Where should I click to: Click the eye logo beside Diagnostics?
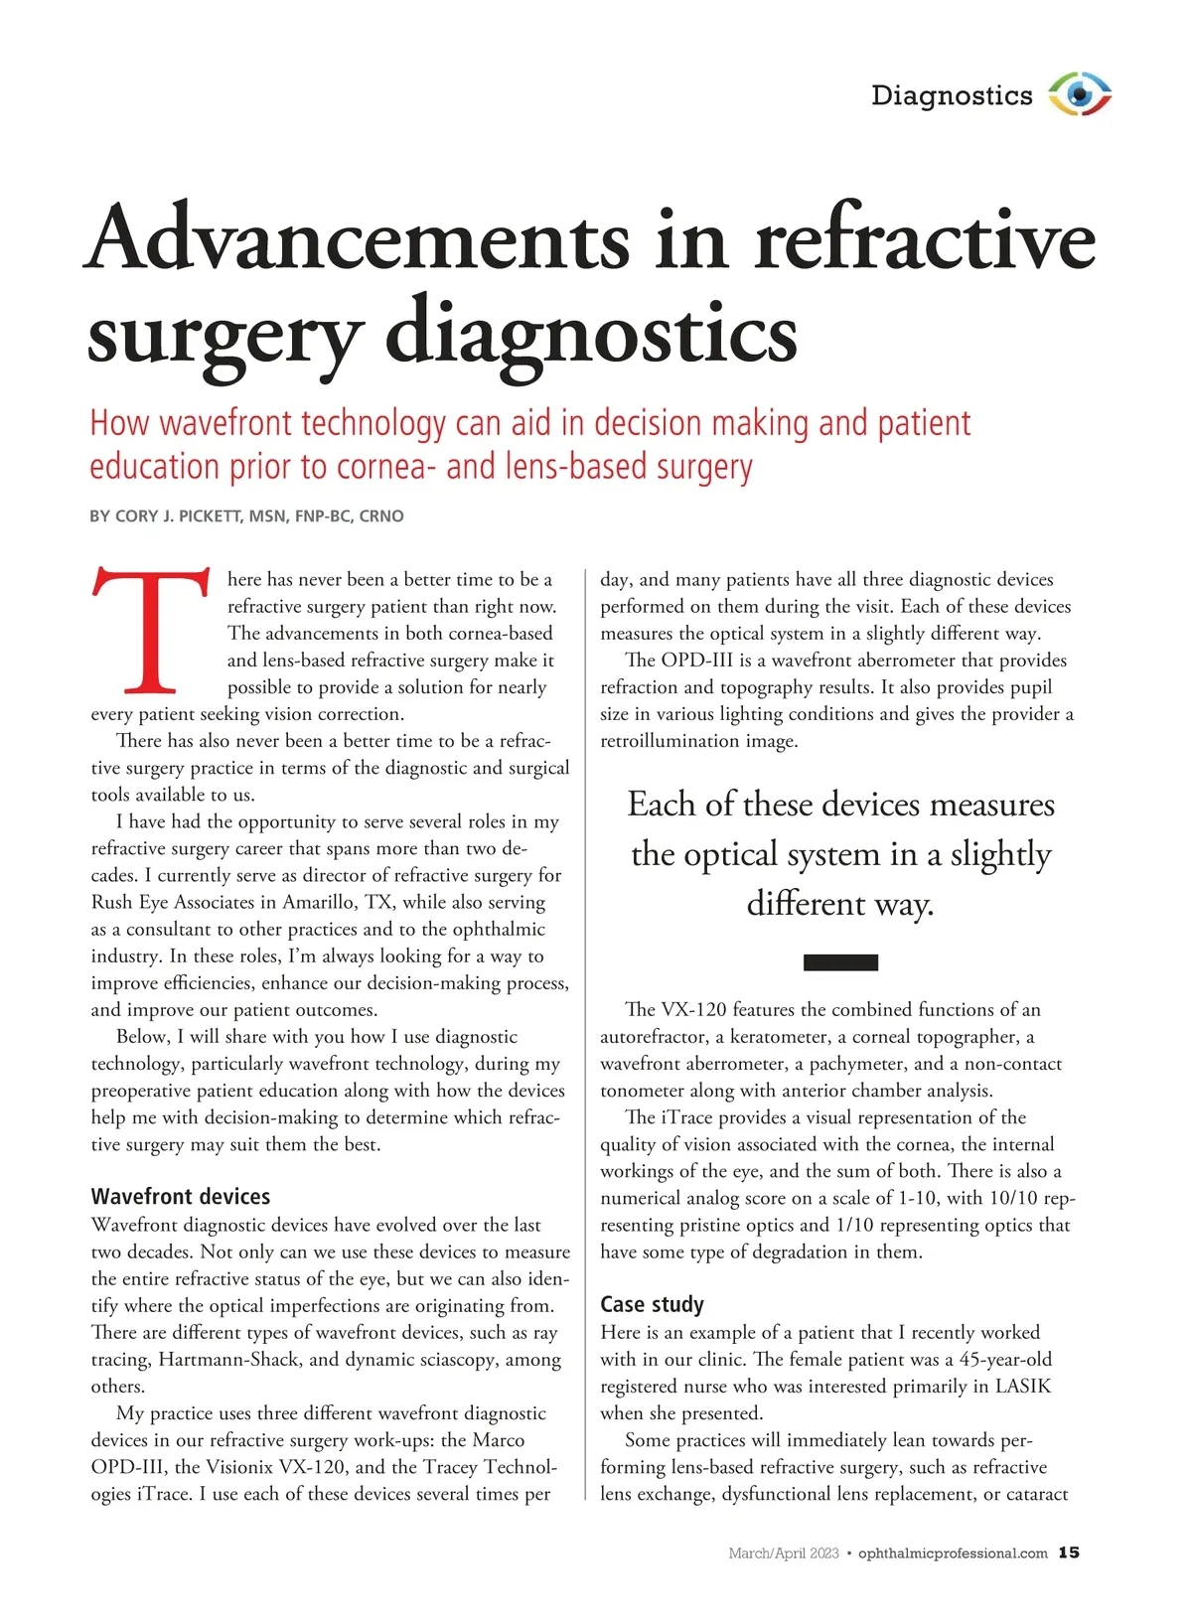click(x=1080, y=95)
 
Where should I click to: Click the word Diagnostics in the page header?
click(x=952, y=95)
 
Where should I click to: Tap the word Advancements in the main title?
click(x=358, y=238)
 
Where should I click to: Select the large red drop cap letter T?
click(x=151, y=630)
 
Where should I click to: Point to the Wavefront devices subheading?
click(x=181, y=1196)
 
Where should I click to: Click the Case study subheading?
click(x=652, y=1304)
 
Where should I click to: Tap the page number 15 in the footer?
click(x=1069, y=1552)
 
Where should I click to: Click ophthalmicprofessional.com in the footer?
click(x=953, y=1553)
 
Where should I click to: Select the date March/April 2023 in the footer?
click(x=784, y=1553)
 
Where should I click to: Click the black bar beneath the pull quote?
click(x=839, y=961)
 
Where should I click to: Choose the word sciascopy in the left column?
click(x=445, y=1360)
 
